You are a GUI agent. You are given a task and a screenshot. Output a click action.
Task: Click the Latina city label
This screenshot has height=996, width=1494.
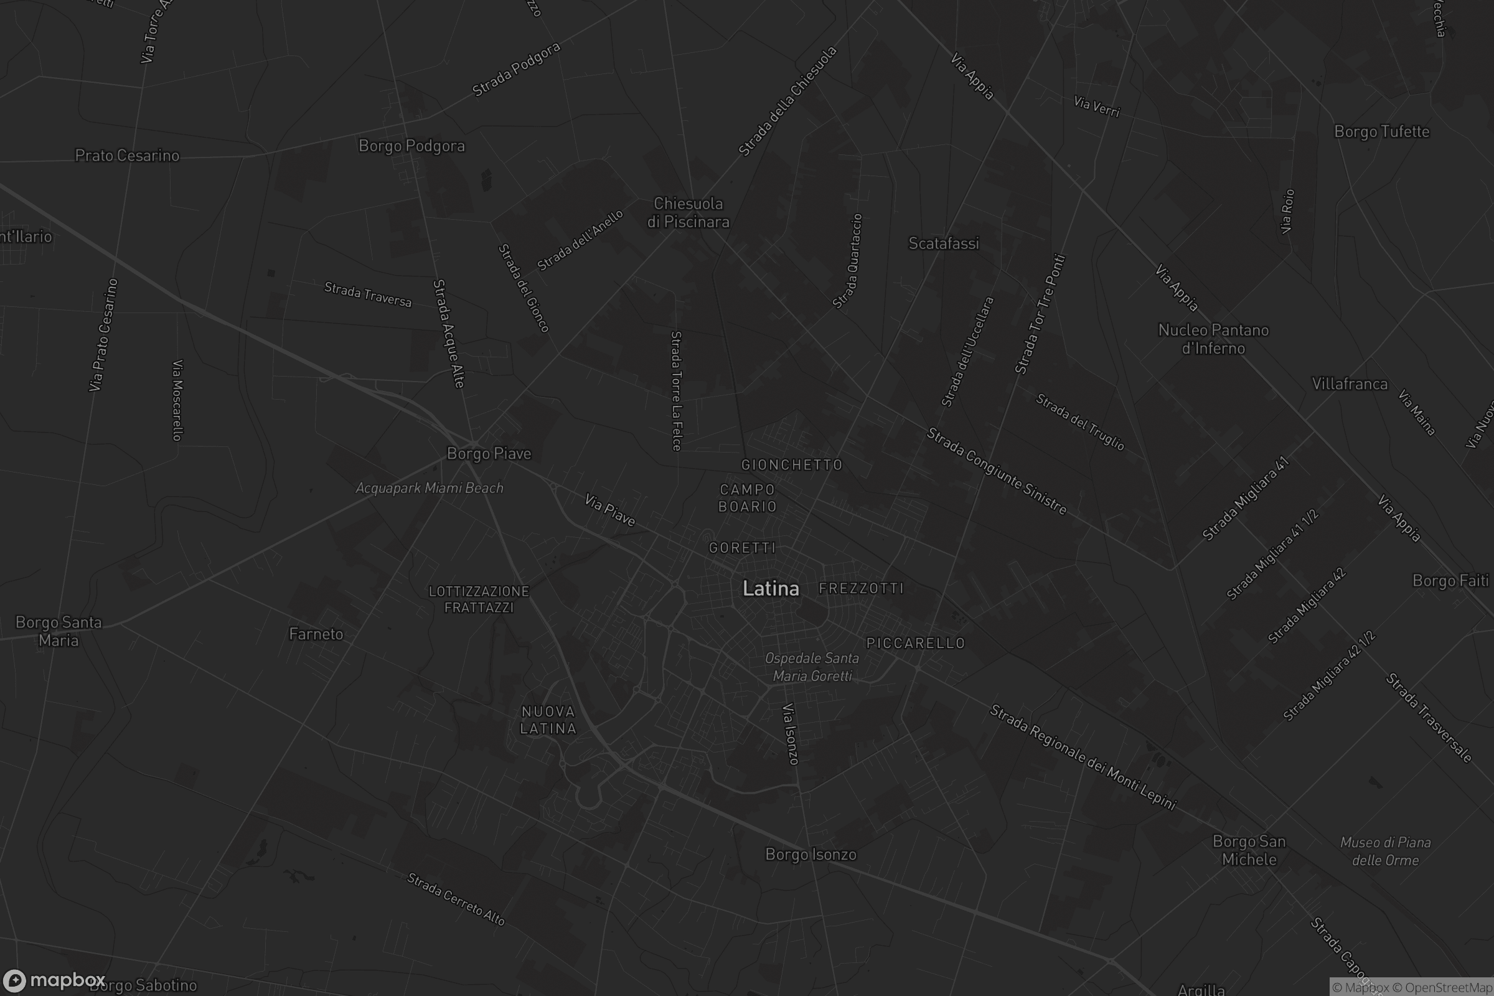point(771,589)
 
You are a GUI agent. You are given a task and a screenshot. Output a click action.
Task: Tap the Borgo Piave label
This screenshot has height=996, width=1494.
point(489,454)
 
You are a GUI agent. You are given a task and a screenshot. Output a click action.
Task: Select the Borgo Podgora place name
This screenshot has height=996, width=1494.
point(411,146)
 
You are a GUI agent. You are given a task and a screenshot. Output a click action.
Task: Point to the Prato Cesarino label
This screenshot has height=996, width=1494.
point(127,156)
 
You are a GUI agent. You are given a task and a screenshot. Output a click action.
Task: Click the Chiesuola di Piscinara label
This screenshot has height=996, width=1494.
point(688,213)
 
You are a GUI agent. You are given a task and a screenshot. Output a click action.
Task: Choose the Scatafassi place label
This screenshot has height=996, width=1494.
point(943,243)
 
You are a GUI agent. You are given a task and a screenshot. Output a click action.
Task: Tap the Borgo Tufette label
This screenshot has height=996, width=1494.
point(1381,131)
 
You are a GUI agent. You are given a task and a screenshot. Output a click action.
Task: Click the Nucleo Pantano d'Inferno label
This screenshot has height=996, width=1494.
point(1213,339)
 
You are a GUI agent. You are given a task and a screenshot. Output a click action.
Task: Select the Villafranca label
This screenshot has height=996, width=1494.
point(1350,383)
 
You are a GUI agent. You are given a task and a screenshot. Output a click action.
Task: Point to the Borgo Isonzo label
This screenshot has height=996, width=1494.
point(810,854)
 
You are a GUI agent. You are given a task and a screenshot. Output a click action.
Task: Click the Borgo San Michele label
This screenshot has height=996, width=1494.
point(1249,850)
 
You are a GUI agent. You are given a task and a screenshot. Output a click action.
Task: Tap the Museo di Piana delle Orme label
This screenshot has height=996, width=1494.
point(1386,851)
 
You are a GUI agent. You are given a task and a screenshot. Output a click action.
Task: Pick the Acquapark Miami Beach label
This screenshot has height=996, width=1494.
point(430,488)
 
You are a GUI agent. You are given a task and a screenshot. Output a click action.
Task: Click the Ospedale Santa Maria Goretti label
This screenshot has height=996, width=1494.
point(812,667)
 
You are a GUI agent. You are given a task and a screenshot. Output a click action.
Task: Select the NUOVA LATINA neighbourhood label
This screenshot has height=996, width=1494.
point(548,720)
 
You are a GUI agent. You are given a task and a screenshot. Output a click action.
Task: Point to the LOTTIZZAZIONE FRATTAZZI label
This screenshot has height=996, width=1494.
point(479,599)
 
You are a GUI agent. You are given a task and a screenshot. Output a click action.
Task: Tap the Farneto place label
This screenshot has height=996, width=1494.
point(316,634)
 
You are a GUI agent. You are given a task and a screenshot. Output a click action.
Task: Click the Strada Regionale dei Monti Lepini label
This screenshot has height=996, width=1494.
point(1083,758)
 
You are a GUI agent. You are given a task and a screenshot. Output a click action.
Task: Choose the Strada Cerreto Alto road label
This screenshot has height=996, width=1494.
point(456,899)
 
